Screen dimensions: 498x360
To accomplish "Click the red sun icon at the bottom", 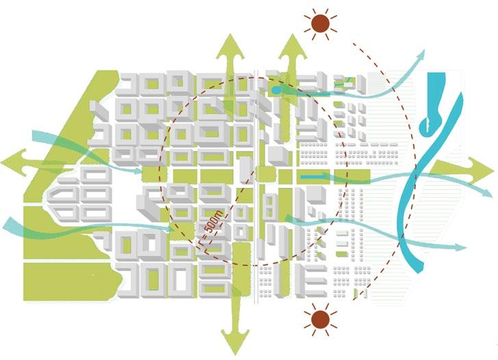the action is coord(319,319).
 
